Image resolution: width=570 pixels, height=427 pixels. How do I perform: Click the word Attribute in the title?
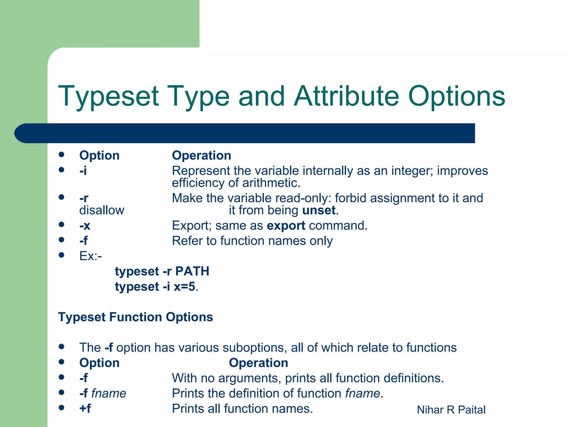point(347,96)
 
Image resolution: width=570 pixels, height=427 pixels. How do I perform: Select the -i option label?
point(83,171)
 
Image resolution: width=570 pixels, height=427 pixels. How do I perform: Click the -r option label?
point(84,198)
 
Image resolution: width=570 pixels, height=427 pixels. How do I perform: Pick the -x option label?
point(85,225)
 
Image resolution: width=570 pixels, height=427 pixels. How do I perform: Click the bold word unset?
point(319,210)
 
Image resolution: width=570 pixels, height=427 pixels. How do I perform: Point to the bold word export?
point(286,225)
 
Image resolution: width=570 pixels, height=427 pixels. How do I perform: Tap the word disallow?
point(102,210)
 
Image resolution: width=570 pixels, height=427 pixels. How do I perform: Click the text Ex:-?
point(90,256)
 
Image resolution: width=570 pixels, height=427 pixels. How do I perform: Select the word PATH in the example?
point(192,271)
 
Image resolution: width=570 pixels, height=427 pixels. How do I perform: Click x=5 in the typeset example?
point(184,287)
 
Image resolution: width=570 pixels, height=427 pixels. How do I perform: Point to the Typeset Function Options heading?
point(135,317)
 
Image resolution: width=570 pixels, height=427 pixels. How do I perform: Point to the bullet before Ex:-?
point(62,255)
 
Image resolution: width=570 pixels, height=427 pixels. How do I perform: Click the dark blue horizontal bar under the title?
point(245,133)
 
